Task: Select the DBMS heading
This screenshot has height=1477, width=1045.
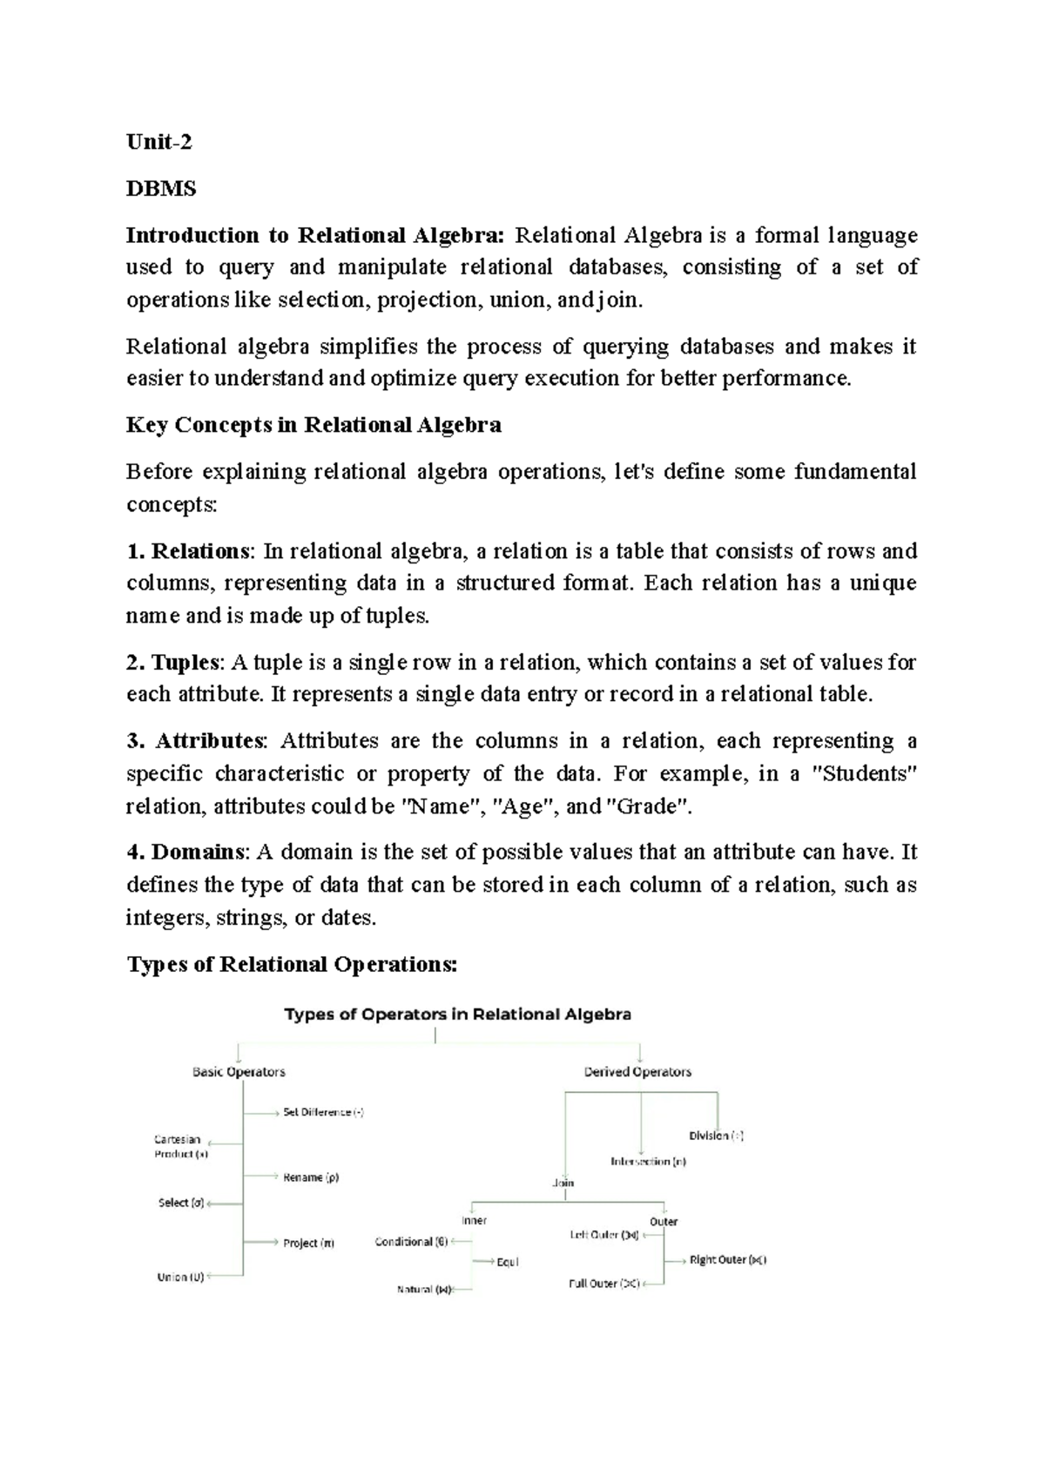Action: [161, 188]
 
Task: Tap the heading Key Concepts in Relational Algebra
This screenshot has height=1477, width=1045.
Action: [313, 425]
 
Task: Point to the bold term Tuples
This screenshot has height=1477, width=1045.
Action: [184, 663]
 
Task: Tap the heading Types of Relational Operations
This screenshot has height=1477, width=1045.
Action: [292, 964]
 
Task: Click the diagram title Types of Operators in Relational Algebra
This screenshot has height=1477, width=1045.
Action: [458, 1015]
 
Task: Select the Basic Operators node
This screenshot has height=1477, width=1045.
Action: [239, 1072]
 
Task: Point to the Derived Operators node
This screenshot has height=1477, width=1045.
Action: [637, 1072]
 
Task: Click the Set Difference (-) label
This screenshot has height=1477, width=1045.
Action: [323, 1112]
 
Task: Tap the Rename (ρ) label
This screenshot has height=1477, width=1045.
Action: [311, 1177]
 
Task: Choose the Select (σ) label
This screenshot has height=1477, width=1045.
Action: [181, 1203]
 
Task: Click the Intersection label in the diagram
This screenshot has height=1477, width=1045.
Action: [648, 1161]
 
